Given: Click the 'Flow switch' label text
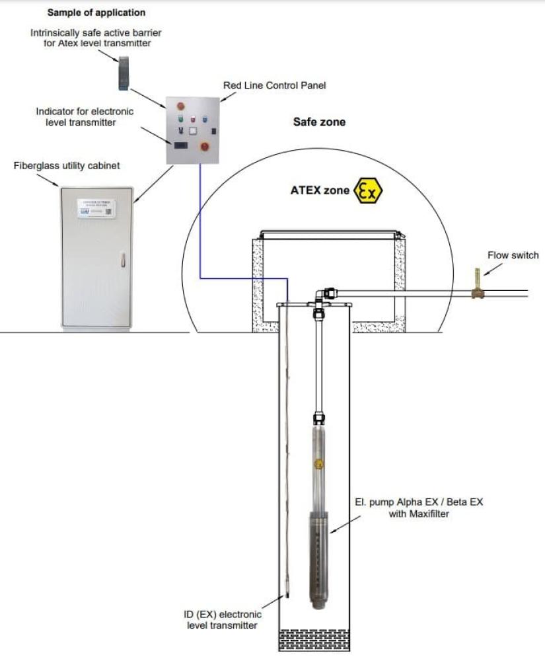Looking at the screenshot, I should (x=513, y=255).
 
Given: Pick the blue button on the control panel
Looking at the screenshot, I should (x=204, y=120).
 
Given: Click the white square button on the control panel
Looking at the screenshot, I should (x=193, y=132).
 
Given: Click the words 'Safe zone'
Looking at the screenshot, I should (x=319, y=122).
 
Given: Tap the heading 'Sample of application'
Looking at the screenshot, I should (x=96, y=13).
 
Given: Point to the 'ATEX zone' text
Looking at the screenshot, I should (x=320, y=190).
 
